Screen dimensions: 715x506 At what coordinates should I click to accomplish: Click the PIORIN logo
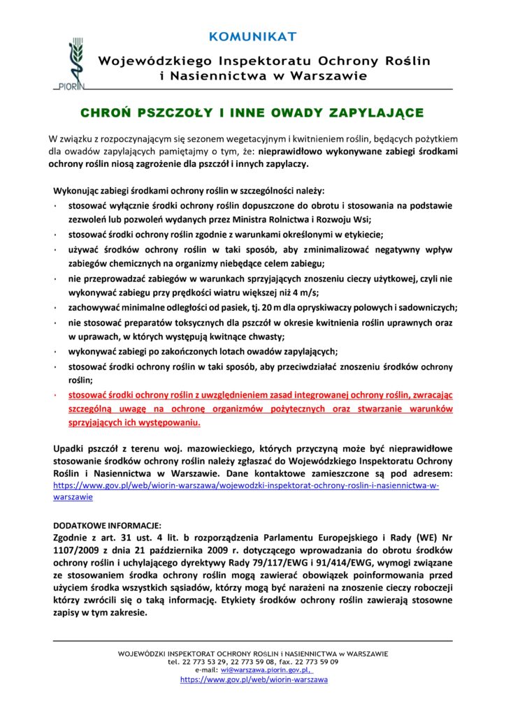70,66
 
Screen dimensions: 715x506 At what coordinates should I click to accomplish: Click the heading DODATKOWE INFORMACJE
107,524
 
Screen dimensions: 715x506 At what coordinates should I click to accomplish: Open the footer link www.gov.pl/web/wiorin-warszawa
254,679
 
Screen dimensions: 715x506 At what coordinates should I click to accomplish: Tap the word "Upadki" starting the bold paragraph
71,448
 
